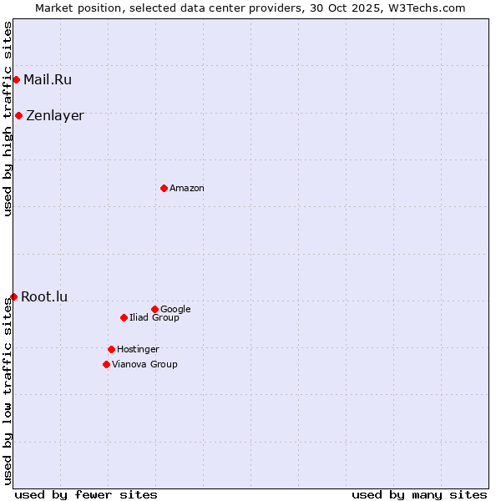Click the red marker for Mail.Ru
(x=16, y=80)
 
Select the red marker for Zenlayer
(x=18, y=115)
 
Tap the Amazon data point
(x=164, y=188)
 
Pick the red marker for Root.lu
(x=13, y=296)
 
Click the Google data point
(x=154, y=309)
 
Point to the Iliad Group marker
(x=124, y=317)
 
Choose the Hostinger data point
(x=111, y=349)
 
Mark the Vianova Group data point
(x=106, y=364)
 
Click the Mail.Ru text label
(x=48, y=80)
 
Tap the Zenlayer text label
(x=55, y=116)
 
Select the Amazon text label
(x=187, y=189)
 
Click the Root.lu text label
(x=44, y=296)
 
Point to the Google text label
(x=175, y=310)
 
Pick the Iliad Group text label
(x=154, y=318)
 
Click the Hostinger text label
(x=138, y=350)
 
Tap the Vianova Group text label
(x=144, y=365)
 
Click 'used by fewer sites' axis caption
(x=86, y=494)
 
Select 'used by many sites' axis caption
(x=419, y=494)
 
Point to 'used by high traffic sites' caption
(x=8, y=119)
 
